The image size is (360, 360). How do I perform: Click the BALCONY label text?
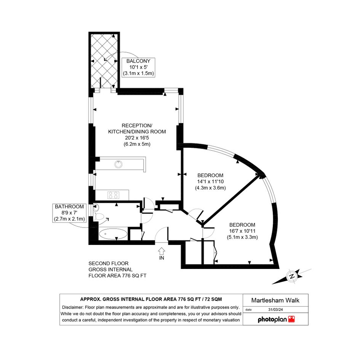(138, 61)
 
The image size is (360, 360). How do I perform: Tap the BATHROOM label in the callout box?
(69, 206)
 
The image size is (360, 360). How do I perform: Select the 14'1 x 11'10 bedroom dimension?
(210, 182)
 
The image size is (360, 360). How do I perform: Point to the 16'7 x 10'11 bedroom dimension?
(242, 231)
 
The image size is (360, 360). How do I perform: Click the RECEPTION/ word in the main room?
(137, 126)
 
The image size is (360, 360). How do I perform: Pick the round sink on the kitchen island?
(118, 164)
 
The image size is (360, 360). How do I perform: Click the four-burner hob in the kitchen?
(114, 195)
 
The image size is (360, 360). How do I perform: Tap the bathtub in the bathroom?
(113, 234)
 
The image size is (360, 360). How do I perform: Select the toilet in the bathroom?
(99, 216)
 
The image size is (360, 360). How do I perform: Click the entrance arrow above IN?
(162, 251)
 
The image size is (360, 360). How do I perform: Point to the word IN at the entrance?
(162, 258)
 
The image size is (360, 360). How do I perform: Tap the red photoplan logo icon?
(291, 319)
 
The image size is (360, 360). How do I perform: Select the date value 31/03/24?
(275, 309)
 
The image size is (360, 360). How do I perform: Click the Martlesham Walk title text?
(275, 300)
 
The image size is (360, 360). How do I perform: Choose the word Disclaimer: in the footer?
(73, 307)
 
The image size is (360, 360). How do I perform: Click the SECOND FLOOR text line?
(108, 263)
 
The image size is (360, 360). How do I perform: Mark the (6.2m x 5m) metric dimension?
(137, 144)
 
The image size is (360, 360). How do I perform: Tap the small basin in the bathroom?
(96, 208)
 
